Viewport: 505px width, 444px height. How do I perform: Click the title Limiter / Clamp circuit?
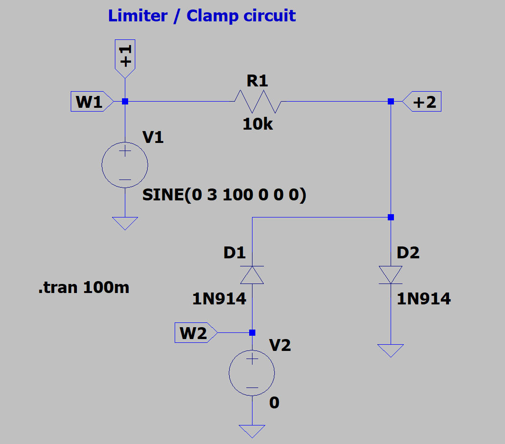(202, 16)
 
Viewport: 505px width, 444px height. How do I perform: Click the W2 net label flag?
(195, 332)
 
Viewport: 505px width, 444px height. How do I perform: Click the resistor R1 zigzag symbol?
(258, 102)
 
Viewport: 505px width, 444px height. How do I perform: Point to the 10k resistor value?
(258, 124)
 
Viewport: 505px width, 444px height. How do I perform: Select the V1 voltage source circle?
(125, 165)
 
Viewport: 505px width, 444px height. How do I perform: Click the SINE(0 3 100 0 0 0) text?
(224, 195)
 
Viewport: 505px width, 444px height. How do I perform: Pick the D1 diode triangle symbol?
(252, 275)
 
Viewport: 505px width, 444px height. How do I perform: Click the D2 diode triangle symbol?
(391, 275)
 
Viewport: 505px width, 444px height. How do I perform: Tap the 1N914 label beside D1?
(219, 299)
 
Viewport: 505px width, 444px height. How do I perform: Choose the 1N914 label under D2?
(424, 299)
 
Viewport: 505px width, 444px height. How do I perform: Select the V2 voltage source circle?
(252, 373)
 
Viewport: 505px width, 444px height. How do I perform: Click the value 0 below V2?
(274, 403)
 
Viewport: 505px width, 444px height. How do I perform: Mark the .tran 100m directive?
(84, 287)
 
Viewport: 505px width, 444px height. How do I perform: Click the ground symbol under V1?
(125, 223)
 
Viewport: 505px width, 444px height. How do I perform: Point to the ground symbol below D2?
(391, 350)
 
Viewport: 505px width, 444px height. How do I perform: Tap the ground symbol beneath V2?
(252, 431)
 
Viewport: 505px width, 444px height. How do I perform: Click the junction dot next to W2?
(252, 332)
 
